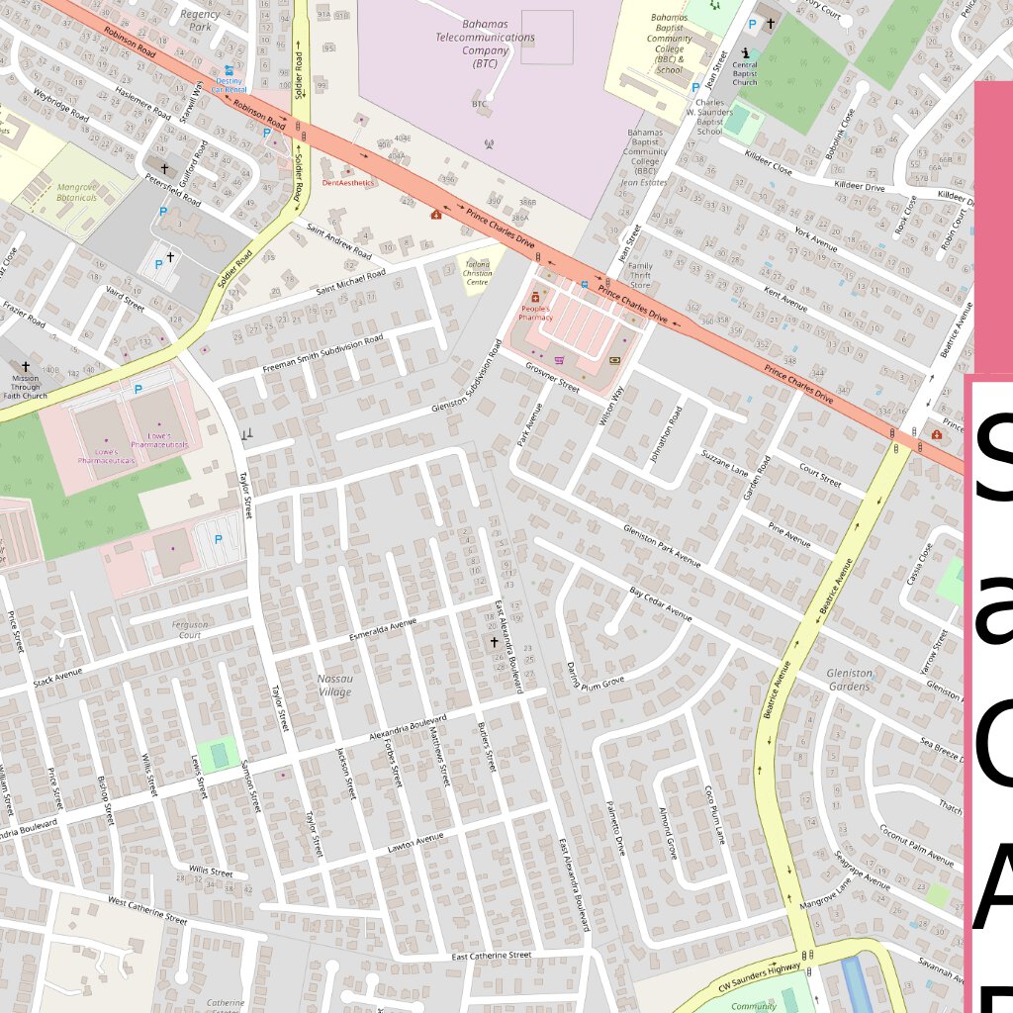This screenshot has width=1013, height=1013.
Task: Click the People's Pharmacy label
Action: [x=535, y=313]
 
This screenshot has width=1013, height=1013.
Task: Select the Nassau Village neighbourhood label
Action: [x=334, y=686]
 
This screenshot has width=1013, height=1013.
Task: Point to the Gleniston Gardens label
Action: [x=849, y=680]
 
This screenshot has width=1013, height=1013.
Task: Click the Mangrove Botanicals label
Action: [x=77, y=192]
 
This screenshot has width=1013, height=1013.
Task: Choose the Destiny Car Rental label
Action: [x=230, y=83]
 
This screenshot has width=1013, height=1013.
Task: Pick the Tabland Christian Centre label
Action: [x=477, y=273]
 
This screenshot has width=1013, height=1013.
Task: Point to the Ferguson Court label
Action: [x=189, y=629]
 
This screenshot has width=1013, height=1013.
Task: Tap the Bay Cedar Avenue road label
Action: [x=660, y=603]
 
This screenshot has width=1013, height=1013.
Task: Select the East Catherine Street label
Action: [x=492, y=956]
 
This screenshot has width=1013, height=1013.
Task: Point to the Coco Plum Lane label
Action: [x=714, y=815]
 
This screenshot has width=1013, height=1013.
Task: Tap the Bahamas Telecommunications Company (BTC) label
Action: [x=485, y=48]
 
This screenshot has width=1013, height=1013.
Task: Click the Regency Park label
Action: [x=201, y=20]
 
